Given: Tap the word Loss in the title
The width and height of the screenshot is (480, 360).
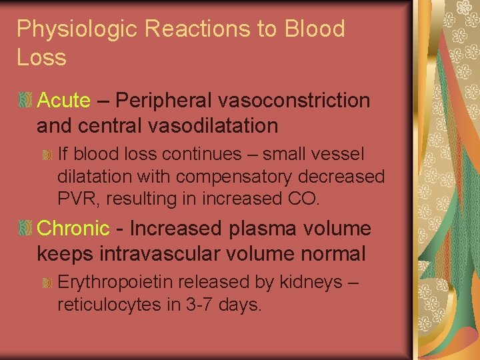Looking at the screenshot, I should pyautogui.click(x=41, y=58).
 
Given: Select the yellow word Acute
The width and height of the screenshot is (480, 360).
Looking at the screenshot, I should pyautogui.click(x=64, y=101).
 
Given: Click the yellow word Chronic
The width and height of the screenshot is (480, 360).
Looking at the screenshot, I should pyautogui.click(x=73, y=229).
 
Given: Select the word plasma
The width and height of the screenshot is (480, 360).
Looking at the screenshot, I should pyautogui.click(x=261, y=229).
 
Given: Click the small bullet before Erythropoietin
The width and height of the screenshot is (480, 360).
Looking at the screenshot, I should pyautogui.click(x=47, y=283).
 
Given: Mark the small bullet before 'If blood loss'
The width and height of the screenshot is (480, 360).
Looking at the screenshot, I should pyautogui.click(x=47, y=155).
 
